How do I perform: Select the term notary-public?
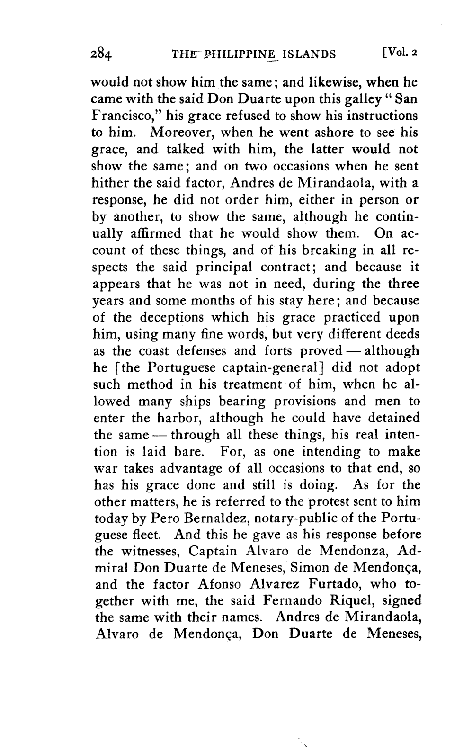click(292, 519)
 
